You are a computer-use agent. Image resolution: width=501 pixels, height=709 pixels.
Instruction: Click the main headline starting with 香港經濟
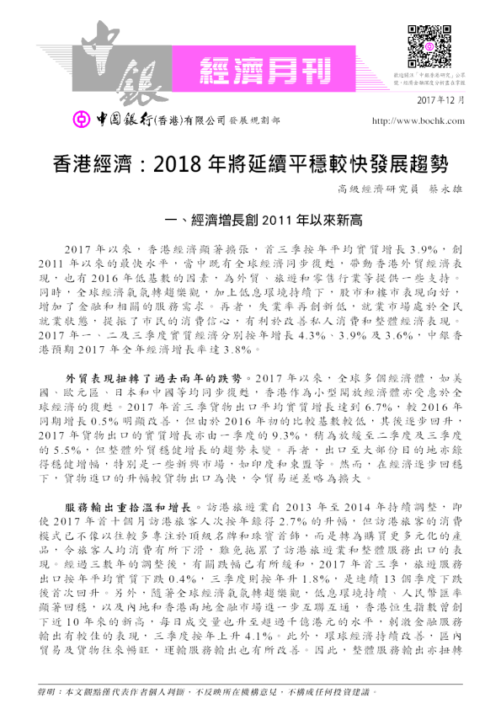pos(250,162)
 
